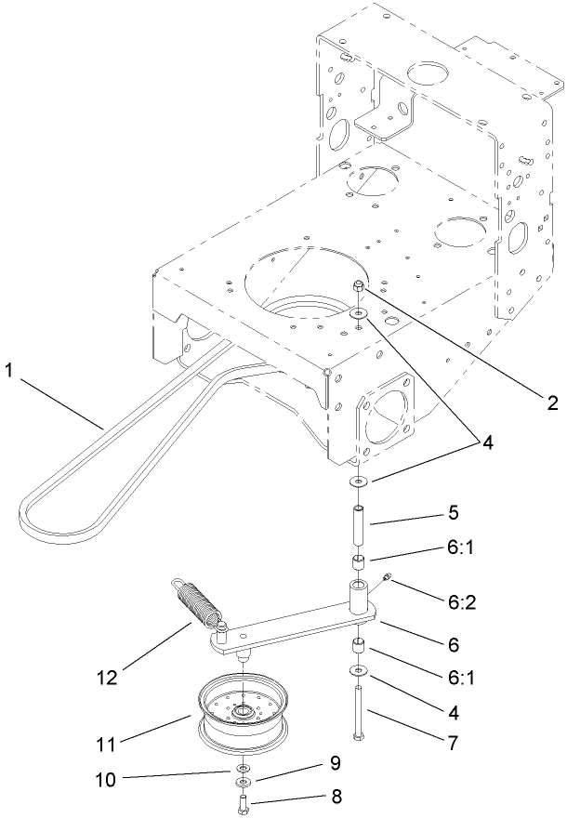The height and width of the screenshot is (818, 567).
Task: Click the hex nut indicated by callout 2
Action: (x=358, y=288)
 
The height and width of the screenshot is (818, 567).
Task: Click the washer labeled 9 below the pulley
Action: (x=243, y=784)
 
